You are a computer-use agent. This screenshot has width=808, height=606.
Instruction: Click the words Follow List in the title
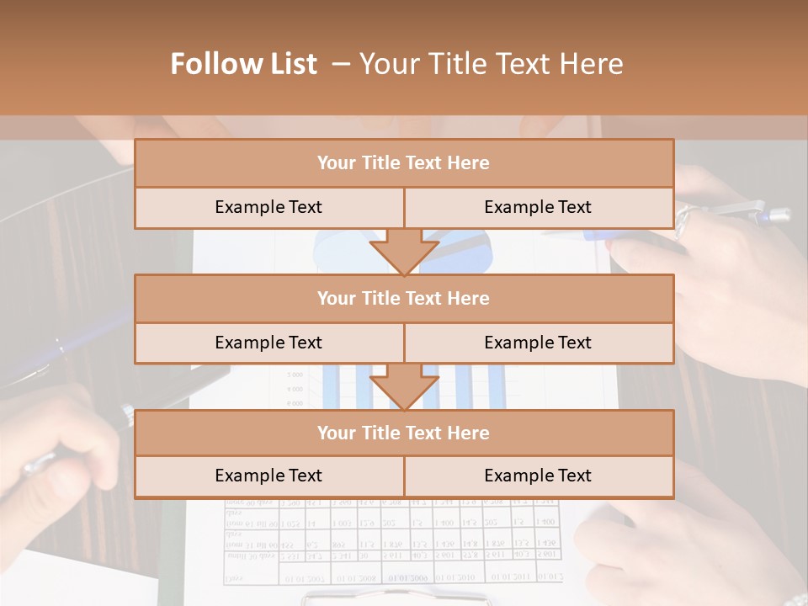click(x=244, y=64)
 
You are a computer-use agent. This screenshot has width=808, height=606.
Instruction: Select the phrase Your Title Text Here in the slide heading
click(x=492, y=64)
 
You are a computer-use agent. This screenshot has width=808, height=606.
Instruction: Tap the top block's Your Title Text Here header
click(x=403, y=163)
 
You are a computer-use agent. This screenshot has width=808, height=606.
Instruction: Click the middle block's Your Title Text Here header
click(x=403, y=298)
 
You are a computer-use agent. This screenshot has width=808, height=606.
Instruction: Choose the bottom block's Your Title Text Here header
click(x=403, y=433)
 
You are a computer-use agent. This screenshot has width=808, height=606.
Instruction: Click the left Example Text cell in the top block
click(x=268, y=207)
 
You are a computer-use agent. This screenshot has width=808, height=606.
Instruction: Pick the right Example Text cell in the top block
click(x=538, y=207)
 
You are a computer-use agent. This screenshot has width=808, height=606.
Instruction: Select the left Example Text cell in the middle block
click(x=268, y=343)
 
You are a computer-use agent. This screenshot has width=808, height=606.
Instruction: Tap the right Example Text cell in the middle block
click(x=538, y=343)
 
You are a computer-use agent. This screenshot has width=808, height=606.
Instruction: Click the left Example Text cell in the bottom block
click(x=268, y=476)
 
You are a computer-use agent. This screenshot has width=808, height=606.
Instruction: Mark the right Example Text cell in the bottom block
click(x=538, y=476)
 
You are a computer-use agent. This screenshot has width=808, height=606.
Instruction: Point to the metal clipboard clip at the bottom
click(x=396, y=598)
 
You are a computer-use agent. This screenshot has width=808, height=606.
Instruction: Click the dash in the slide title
click(x=341, y=64)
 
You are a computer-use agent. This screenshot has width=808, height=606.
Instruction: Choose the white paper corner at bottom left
click(x=76, y=581)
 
